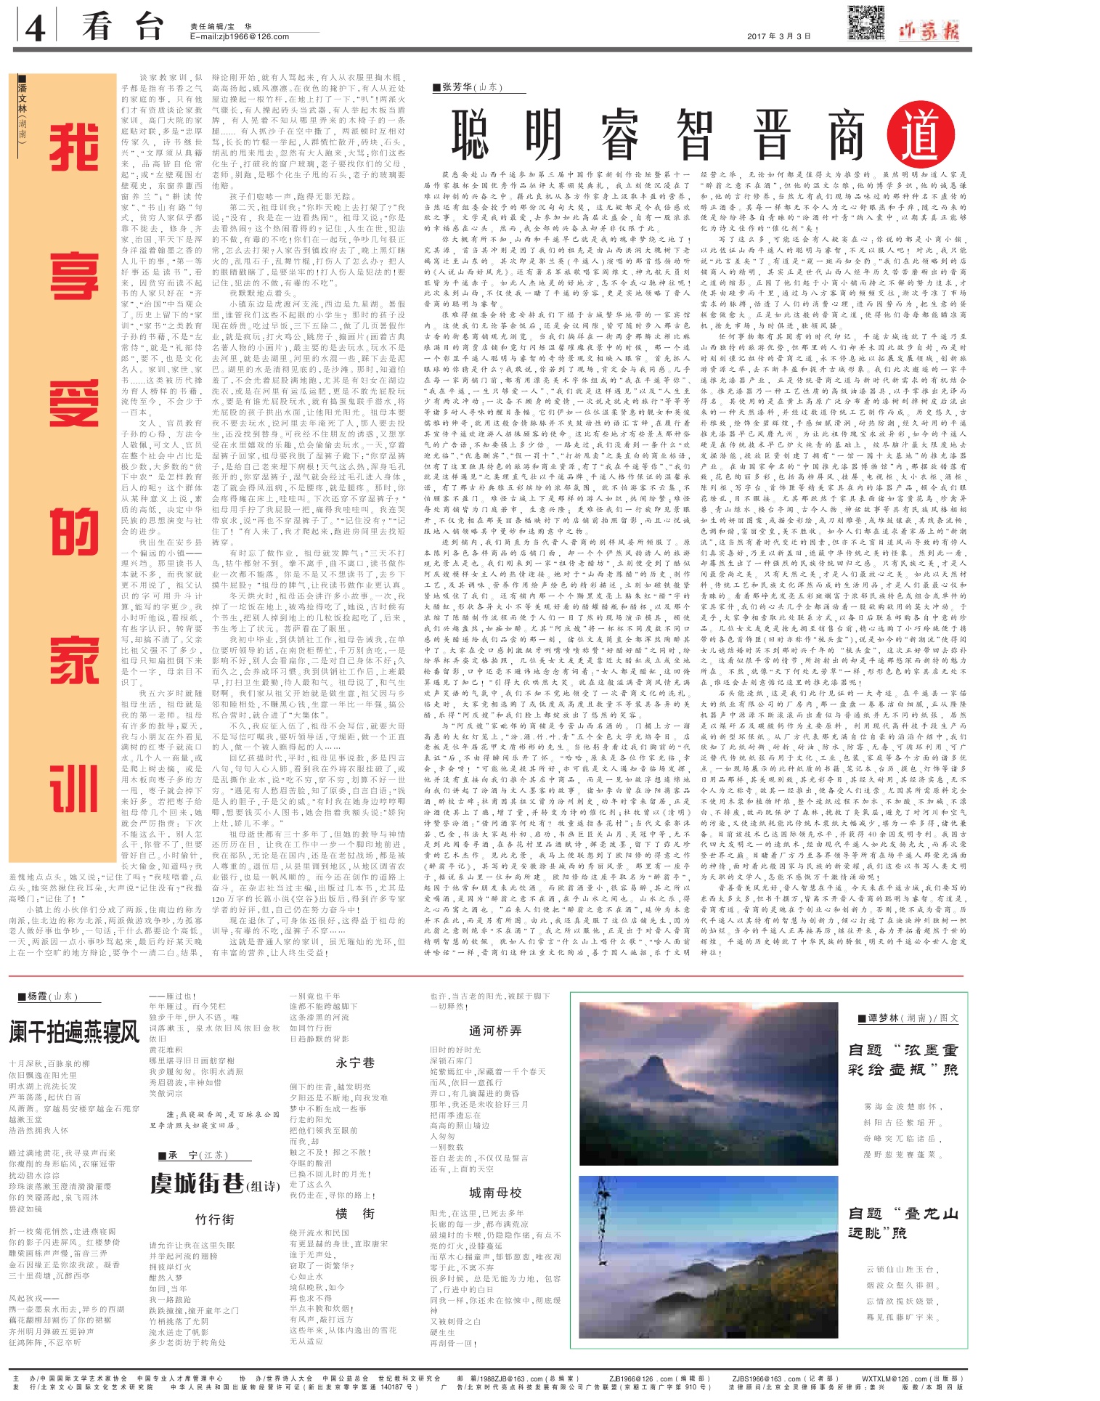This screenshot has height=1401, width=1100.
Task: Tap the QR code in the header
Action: [x=866, y=23]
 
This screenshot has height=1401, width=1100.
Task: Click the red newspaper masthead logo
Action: [x=929, y=31]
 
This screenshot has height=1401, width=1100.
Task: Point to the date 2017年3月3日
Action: [x=778, y=36]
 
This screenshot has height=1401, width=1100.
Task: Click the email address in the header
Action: [x=239, y=36]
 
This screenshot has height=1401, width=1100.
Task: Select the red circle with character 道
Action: [x=921, y=135]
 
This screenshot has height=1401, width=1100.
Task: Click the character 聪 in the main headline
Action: [x=470, y=135]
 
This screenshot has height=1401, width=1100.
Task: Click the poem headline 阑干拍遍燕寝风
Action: [x=73, y=1031]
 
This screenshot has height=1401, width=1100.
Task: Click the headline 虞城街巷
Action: [x=197, y=1185]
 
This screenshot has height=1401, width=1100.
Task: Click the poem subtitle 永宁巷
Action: [x=354, y=1063]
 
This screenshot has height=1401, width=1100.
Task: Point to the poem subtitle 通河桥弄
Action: [x=495, y=1031]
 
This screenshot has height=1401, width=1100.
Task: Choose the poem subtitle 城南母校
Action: [x=495, y=1193]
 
